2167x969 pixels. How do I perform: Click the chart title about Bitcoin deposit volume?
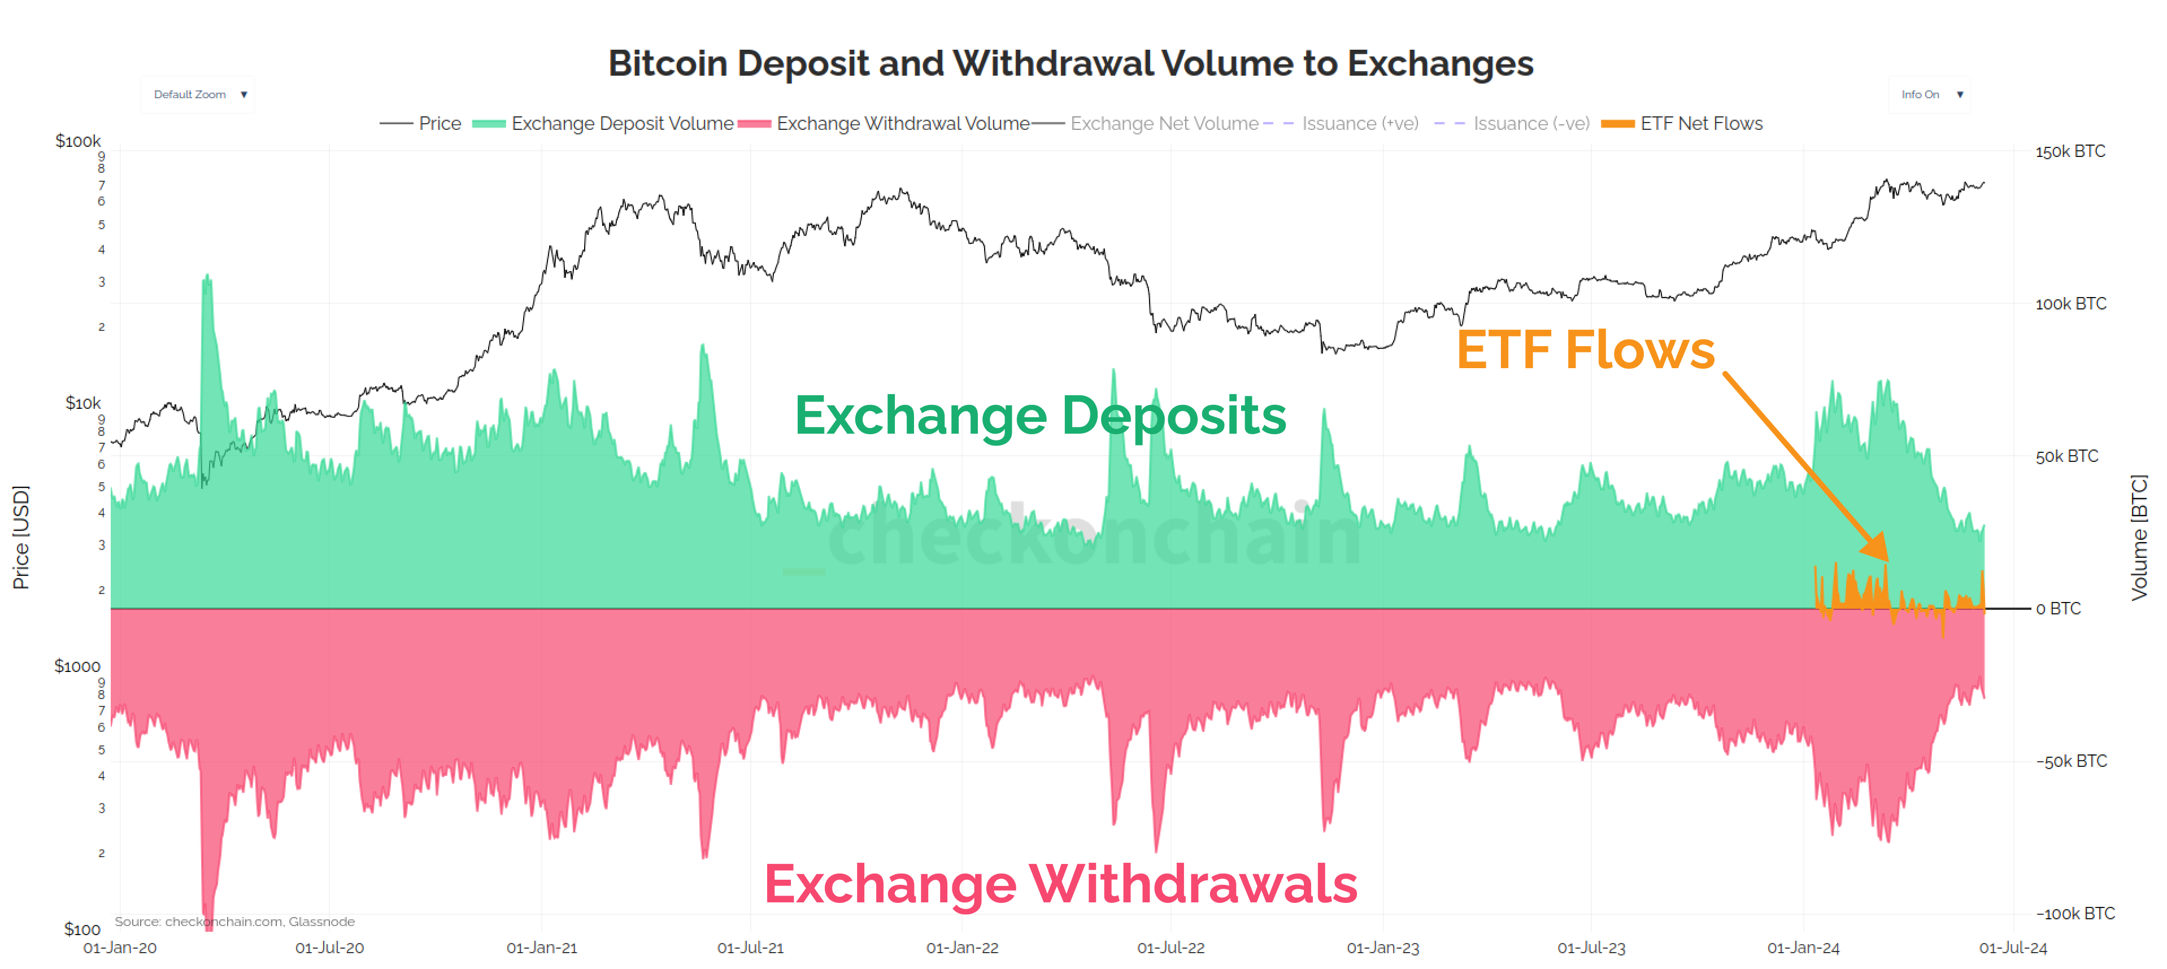1070,64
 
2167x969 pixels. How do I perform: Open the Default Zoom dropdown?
198,94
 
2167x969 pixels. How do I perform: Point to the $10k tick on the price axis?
82,403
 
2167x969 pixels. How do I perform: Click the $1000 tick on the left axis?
77,666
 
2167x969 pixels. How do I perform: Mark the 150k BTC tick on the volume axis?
2069,151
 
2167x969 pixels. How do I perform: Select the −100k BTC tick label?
2074,914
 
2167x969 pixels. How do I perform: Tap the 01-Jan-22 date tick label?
961,948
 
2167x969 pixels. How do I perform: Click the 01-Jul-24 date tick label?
2012,948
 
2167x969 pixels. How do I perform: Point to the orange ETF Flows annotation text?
1585,350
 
